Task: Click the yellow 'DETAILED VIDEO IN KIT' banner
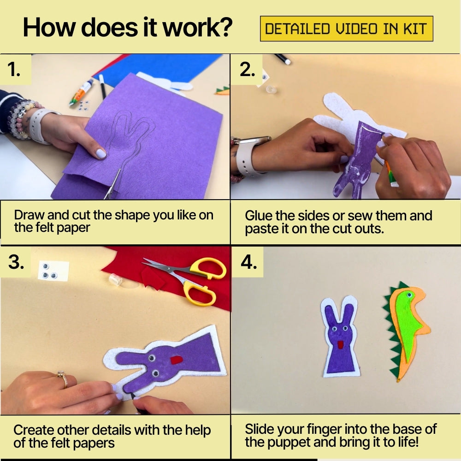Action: (346, 29)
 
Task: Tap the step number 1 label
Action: (14, 70)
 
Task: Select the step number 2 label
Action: (247, 70)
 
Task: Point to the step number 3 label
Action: (16, 262)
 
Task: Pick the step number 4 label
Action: (249, 262)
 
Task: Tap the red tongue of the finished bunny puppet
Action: (341, 345)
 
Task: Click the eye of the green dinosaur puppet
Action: (409, 294)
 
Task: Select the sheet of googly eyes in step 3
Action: (53, 270)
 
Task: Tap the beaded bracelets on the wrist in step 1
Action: (21, 118)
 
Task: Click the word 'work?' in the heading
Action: (197, 27)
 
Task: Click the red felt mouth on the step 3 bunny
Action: (177, 360)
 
